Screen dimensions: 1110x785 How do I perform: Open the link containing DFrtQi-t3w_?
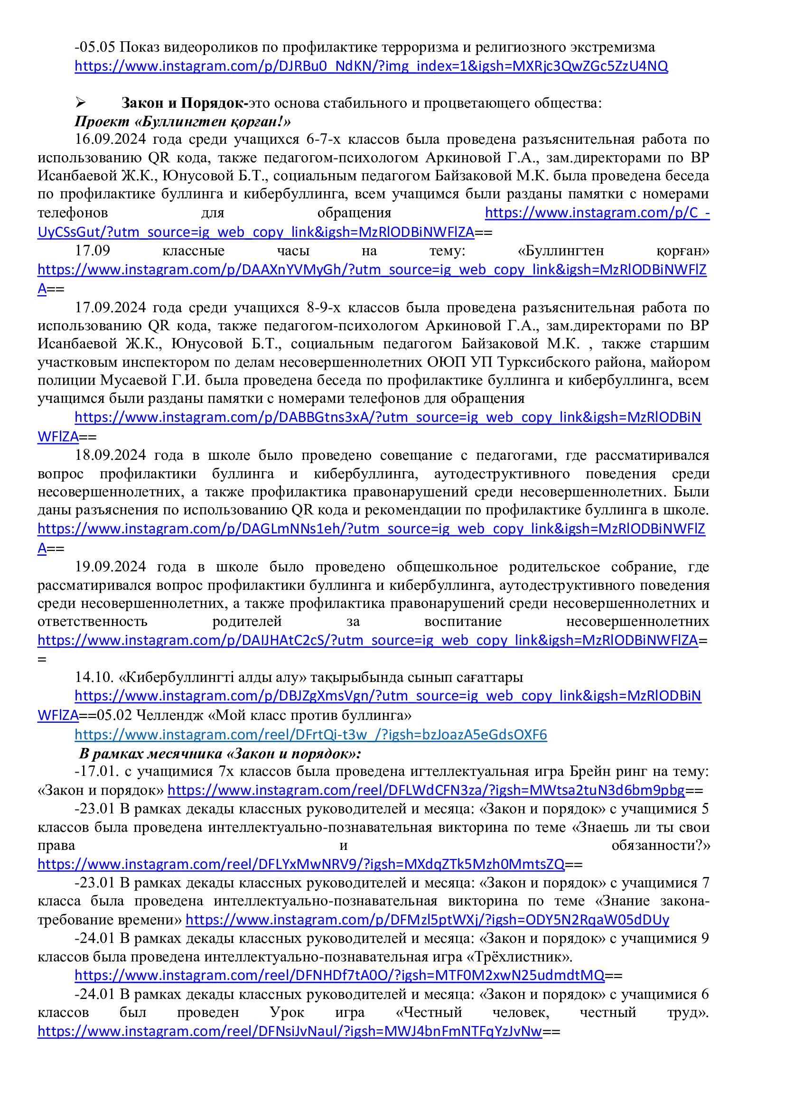pos(310,735)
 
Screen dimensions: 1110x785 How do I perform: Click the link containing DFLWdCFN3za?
pos(426,791)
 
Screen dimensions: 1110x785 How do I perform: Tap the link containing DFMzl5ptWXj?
pos(427,920)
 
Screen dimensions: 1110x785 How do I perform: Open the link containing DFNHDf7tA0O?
pos(339,975)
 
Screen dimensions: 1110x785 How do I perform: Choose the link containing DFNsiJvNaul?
pos(290,1031)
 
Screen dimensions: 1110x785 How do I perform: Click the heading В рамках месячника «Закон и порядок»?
pos(220,754)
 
